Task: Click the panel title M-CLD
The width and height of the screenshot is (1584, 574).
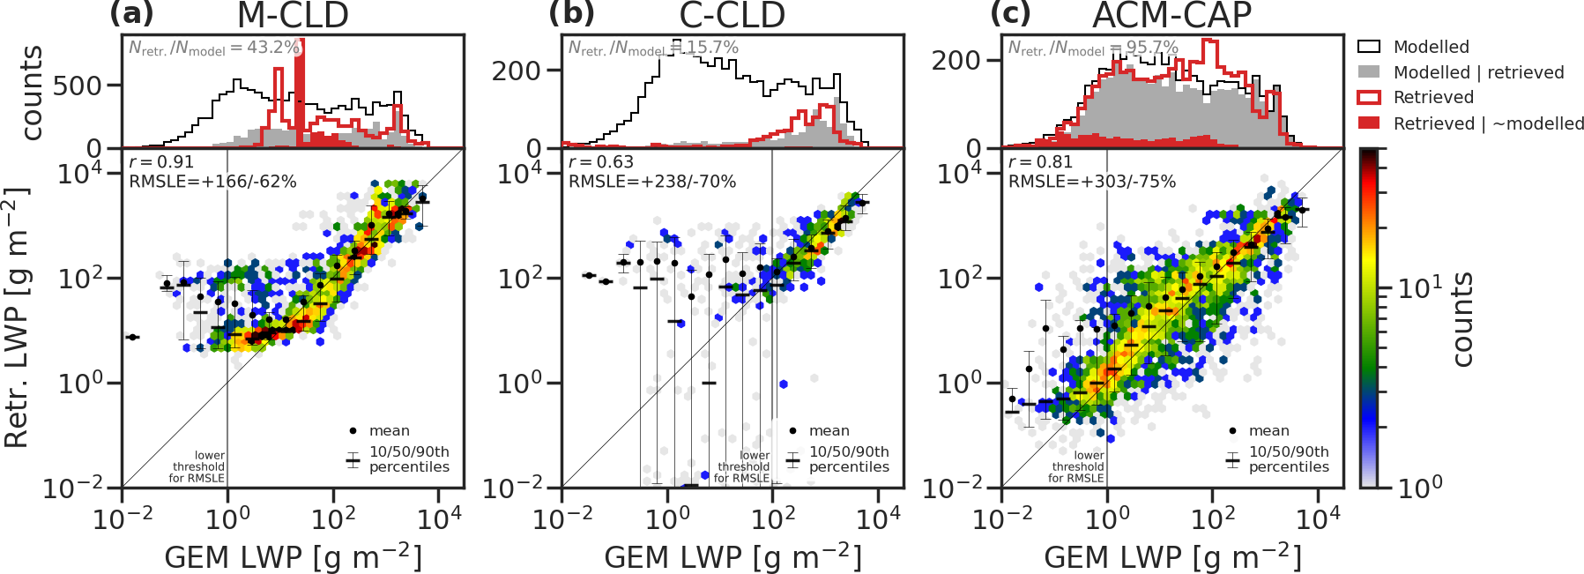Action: coord(293,15)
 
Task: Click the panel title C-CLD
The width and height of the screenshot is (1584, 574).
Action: coord(732,15)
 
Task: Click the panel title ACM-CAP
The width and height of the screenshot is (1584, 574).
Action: coord(1171,15)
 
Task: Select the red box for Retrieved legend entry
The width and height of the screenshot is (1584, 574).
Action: coord(1369,98)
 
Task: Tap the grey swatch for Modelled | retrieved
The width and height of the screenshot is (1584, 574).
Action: coord(1369,72)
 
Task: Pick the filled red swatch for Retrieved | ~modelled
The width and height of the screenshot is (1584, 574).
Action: coord(1369,123)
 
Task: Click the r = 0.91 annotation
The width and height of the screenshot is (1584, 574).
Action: coord(161,162)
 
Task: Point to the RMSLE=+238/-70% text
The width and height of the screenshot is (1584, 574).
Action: coord(652,182)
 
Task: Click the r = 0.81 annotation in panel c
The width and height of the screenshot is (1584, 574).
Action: coord(1041,162)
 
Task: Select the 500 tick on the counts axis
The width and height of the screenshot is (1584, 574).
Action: coord(77,86)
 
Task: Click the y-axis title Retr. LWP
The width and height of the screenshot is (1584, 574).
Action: coord(17,317)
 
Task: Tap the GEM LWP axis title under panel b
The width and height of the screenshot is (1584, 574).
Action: coord(733,557)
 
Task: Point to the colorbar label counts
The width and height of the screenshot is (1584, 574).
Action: coord(1462,319)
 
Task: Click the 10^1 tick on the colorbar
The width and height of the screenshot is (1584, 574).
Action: coord(1421,287)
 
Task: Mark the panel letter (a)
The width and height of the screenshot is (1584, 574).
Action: coord(131,14)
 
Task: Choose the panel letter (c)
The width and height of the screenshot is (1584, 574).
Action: coord(1010,14)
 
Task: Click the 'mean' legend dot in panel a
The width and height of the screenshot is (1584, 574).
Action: coord(353,431)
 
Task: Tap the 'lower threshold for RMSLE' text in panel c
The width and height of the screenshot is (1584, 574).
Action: coord(1077,466)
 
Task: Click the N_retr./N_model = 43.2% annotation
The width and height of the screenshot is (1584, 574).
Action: coord(214,48)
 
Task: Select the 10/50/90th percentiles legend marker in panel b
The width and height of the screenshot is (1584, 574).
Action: coord(793,459)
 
